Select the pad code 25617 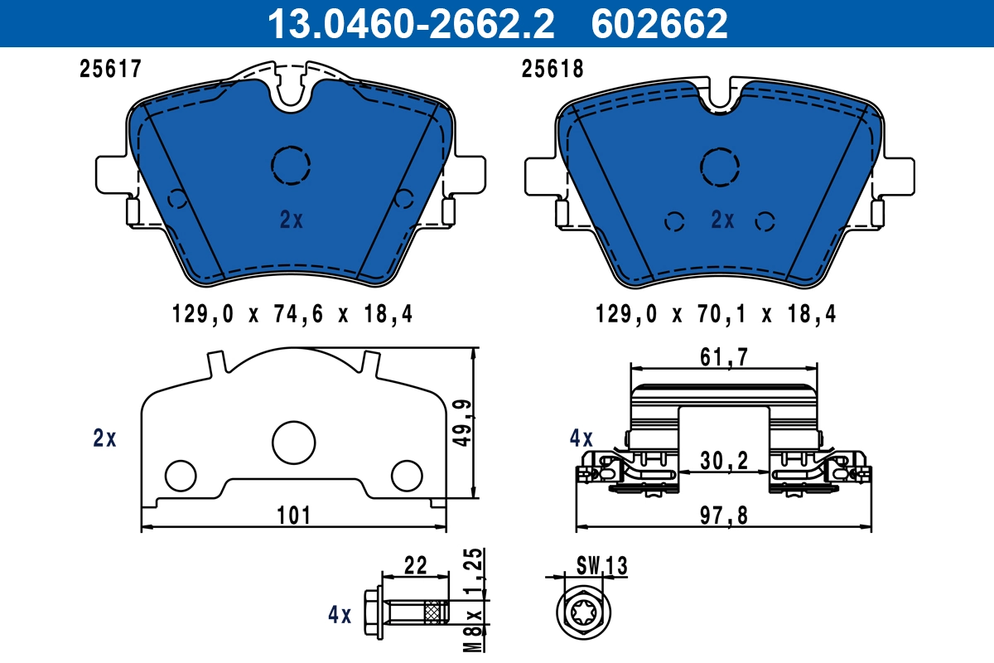coord(111,70)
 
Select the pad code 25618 coord(552,70)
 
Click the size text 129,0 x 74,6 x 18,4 coord(292,315)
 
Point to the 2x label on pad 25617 coord(292,220)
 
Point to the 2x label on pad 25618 coord(723,220)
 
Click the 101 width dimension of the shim coord(293,515)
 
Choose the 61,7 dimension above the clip coord(725,358)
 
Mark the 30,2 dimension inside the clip coord(725,461)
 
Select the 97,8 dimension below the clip coord(725,515)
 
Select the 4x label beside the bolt coord(340,615)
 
